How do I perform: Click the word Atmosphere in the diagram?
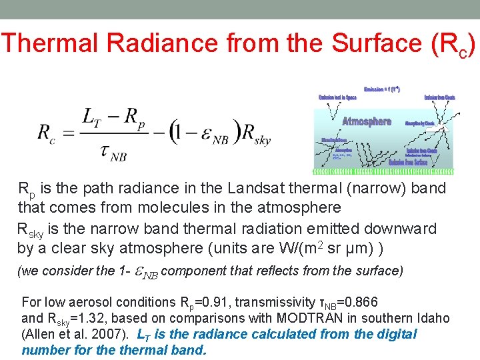tap(367, 121)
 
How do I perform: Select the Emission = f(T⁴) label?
tap(381, 88)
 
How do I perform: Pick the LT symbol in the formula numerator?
tap(91, 116)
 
